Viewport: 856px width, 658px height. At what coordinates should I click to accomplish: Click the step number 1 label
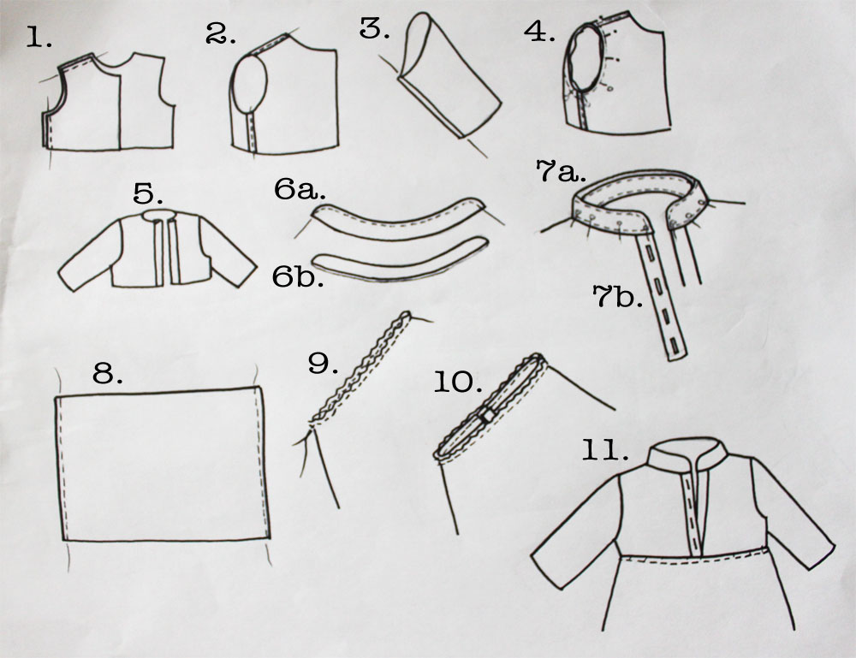(39, 39)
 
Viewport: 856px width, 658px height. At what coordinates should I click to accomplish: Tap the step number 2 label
(221, 34)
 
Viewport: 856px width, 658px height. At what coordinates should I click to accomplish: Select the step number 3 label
(375, 28)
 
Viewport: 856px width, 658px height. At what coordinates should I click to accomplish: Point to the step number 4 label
(539, 32)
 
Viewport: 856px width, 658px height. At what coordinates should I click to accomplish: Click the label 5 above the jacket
(148, 193)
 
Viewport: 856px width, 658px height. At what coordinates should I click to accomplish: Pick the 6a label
(300, 189)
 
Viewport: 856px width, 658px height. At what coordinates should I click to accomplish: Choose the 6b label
(298, 276)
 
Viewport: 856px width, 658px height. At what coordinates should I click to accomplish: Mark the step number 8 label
(108, 373)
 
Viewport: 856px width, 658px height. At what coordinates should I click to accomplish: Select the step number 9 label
(324, 363)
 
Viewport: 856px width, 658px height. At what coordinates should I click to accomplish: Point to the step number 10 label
(458, 382)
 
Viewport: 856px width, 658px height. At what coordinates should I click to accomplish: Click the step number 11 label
(604, 451)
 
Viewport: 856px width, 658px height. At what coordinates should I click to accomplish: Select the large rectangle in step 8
(162, 464)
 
